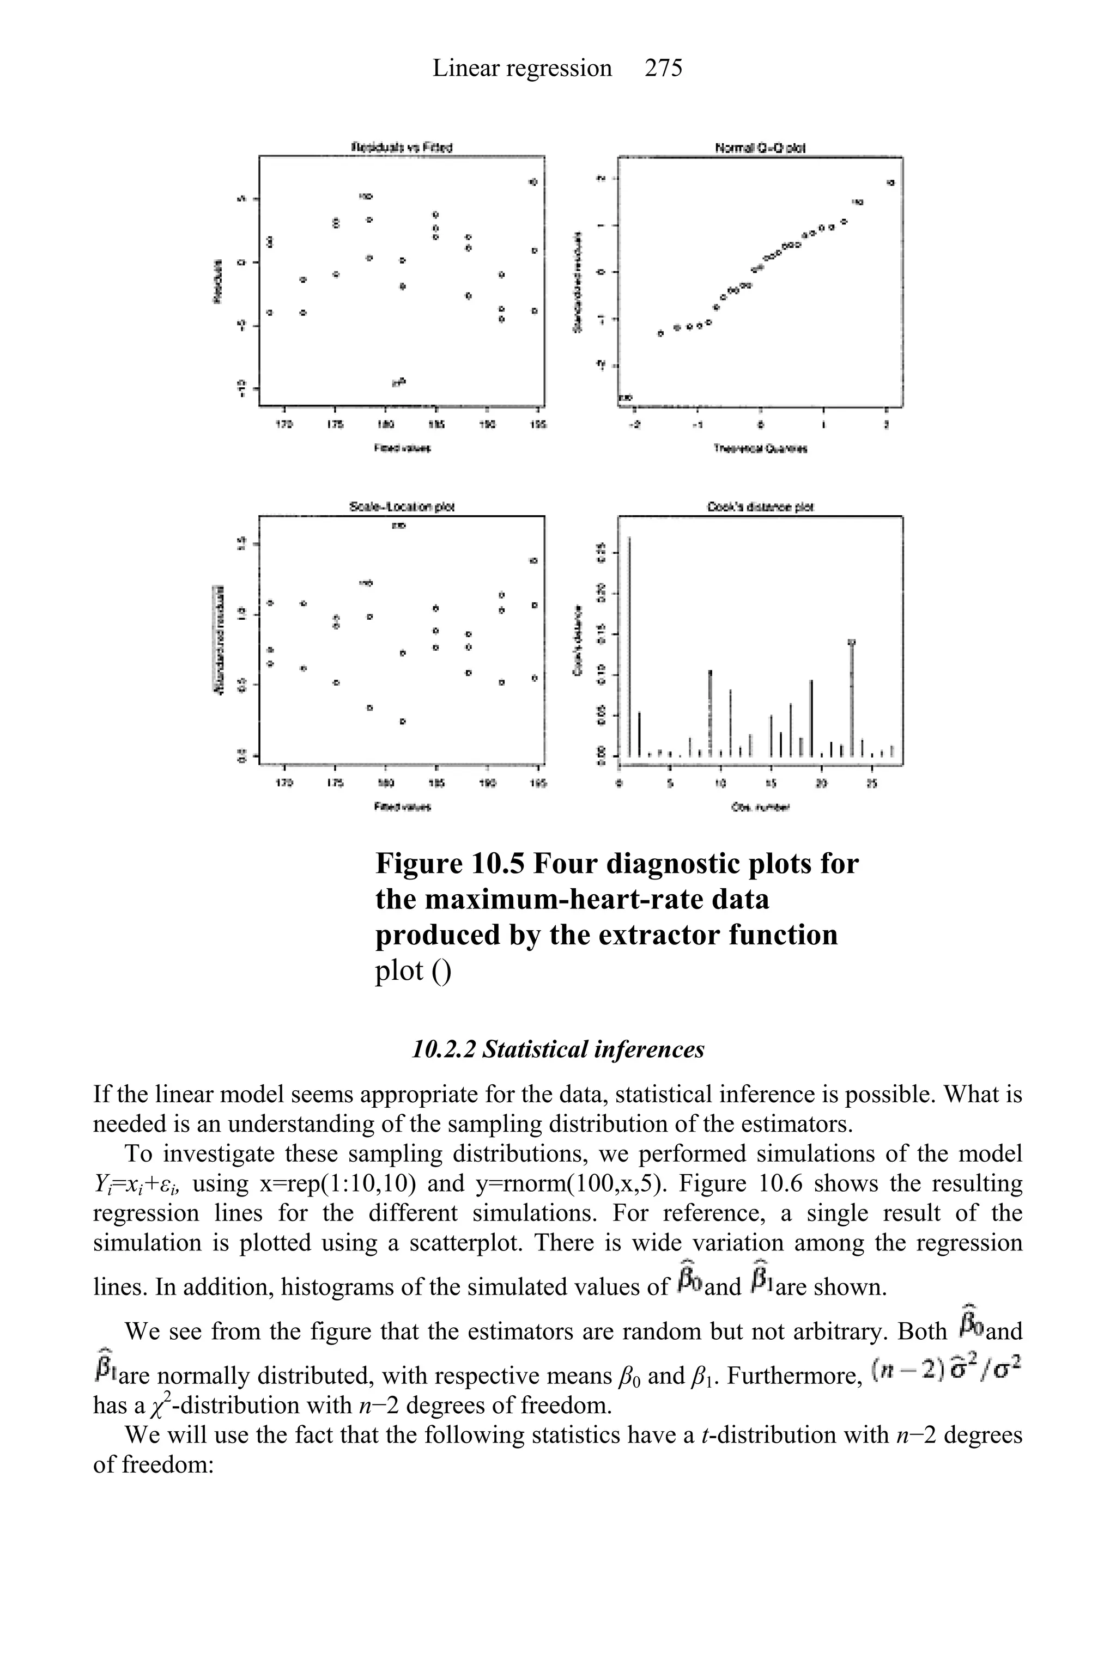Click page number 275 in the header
pyautogui.click(x=663, y=68)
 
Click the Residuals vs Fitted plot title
pyautogui.click(x=402, y=147)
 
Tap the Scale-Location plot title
pyautogui.click(x=402, y=507)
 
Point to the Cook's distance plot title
pyautogui.click(x=760, y=507)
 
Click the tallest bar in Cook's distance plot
pyautogui.click(x=629, y=648)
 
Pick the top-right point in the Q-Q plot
pyautogui.click(x=890, y=183)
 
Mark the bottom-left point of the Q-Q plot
pyautogui.click(x=625, y=397)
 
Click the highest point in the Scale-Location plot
pyautogui.click(x=399, y=526)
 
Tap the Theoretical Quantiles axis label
pyautogui.click(x=760, y=449)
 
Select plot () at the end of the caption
pyautogui.click(x=413, y=970)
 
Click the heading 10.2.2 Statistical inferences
pyautogui.click(x=558, y=1049)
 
